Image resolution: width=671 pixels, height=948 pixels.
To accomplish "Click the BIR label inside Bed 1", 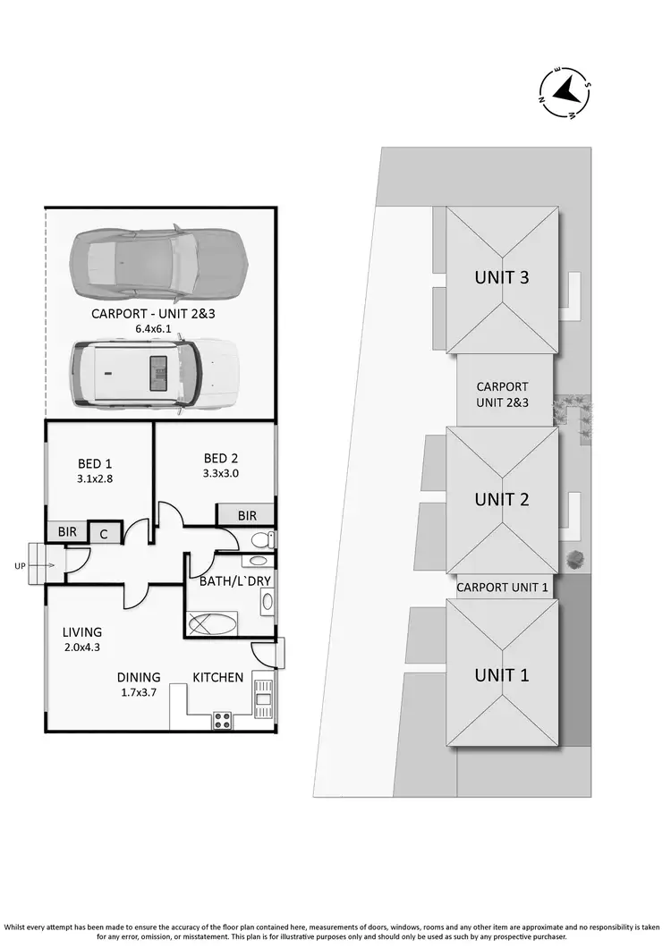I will click(x=67, y=532).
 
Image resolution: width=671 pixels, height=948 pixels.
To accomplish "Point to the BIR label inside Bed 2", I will click(x=247, y=516).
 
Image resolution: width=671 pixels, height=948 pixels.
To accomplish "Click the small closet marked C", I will click(x=104, y=533).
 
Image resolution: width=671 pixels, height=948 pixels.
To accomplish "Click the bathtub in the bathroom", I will click(x=212, y=623).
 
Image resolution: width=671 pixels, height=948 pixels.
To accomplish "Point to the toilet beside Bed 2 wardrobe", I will click(x=260, y=540).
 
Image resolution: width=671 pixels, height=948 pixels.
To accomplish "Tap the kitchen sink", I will click(x=263, y=696).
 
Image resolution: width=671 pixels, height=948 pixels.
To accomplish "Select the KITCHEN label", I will click(x=218, y=677).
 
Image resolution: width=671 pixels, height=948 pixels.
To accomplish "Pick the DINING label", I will click(x=139, y=677).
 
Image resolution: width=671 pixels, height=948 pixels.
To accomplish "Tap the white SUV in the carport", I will click(x=154, y=373).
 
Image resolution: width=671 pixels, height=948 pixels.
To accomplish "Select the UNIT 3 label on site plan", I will click(x=501, y=277).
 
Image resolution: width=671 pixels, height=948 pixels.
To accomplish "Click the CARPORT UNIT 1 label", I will click(x=503, y=588).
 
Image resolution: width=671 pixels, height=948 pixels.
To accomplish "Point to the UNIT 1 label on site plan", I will click(x=501, y=675).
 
